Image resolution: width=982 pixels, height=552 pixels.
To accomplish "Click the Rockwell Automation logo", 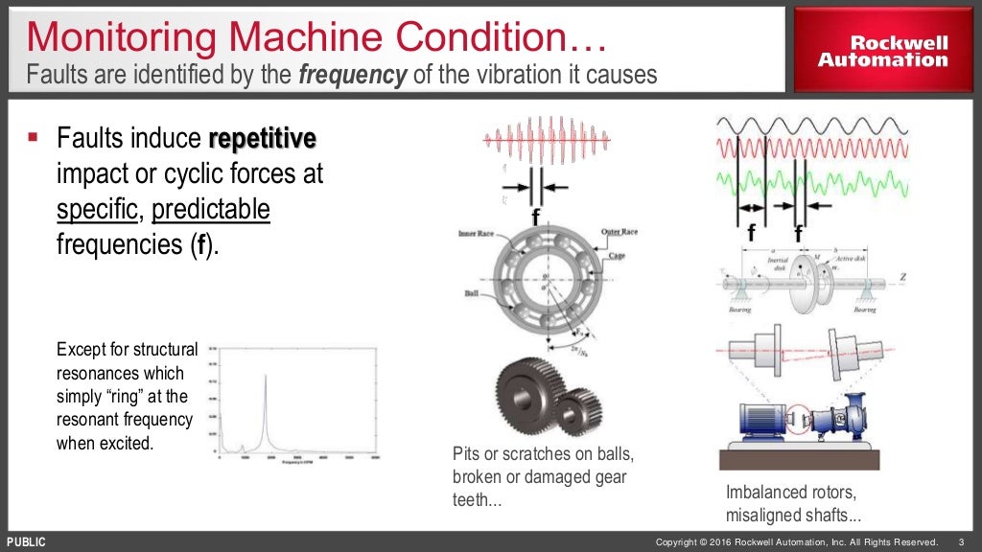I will tap(882, 52).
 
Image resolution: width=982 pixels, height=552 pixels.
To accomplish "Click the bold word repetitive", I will tap(262, 139).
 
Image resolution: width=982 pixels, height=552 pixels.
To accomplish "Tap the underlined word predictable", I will tap(211, 209).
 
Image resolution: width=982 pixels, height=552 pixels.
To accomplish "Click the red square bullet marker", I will tap(33, 139).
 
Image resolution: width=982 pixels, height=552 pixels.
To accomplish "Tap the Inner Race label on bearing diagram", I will tap(476, 233).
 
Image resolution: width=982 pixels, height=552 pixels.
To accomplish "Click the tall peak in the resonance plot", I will tap(265, 383).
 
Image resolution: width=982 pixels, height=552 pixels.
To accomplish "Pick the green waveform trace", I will tap(811, 180).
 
